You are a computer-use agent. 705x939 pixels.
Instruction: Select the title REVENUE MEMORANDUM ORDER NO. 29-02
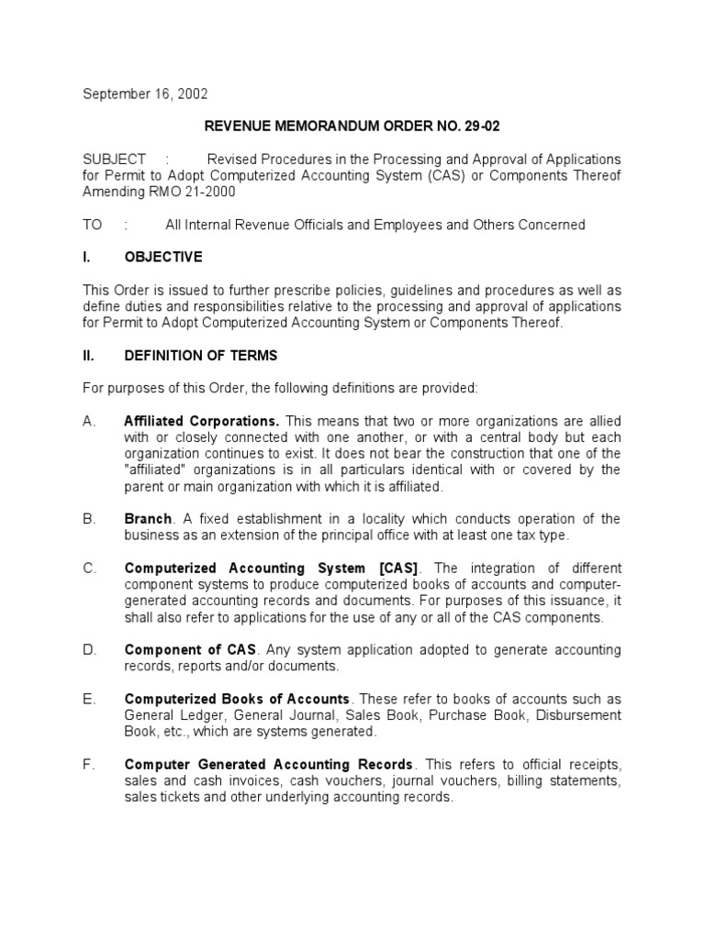[352, 126]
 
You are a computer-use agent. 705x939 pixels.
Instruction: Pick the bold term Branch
[148, 519]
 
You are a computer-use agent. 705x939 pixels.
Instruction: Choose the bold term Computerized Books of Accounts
[237, 699]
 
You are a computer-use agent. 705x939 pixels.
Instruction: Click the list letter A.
[88, 420]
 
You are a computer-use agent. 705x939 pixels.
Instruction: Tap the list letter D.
[88, 650]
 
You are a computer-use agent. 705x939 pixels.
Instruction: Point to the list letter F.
[88, 765]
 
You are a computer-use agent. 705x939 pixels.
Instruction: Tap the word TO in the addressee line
[94, 225]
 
